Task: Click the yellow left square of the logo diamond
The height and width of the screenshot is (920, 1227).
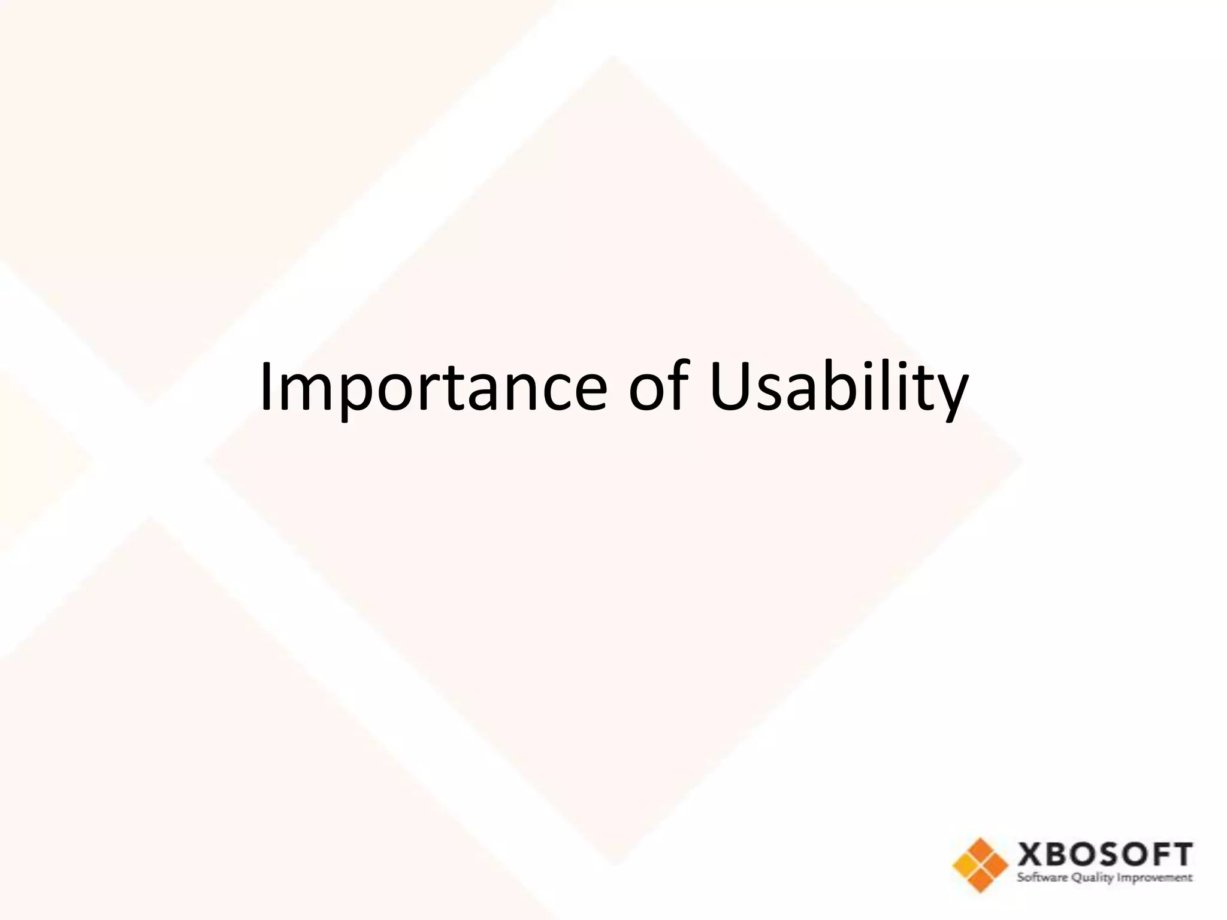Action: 966,865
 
